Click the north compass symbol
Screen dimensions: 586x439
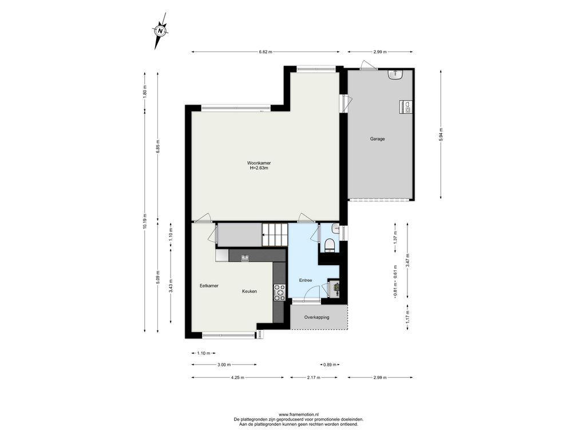pos(161,31)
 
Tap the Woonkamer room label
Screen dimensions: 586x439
pos(259,163)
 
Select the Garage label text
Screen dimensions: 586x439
pos(378,139)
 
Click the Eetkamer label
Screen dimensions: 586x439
pos(209,286)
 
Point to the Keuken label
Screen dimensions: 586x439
pos(250,291)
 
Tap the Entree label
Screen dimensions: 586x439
pos(306,280)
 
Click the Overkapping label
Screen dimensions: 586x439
pos(316,318)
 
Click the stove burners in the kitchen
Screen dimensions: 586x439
pos(279,293)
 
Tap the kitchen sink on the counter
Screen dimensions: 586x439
pos(245,258)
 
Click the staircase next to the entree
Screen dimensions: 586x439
pos(274,235)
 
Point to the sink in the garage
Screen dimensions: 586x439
pos(395,75)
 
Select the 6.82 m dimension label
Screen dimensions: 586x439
pos(266,52)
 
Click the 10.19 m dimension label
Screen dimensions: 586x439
pos(145,222)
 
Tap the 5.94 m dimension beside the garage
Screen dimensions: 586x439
pos(441,134)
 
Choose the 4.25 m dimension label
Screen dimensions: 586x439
pos(237,377)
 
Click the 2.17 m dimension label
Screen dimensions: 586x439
pos(314,377)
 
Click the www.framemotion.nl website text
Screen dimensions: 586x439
pos(298,414)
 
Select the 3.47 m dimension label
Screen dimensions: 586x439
pos(407,260)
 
